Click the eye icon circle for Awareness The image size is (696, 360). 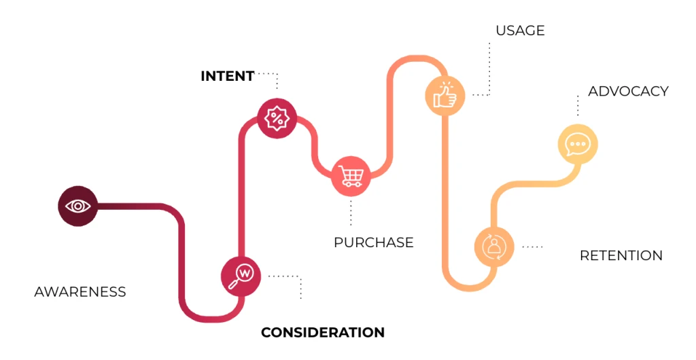point(77,205)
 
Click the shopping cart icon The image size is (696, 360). point(351,177)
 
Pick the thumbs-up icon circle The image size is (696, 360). point(445,94)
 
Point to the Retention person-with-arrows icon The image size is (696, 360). point(494,245)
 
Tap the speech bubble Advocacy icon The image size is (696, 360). point(578,144)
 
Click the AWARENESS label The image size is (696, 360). point(80,292)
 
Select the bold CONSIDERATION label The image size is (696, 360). point(323,332)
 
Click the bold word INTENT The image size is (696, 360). point(227,76)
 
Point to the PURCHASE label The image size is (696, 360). point(373,242)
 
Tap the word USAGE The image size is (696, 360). point(520,31)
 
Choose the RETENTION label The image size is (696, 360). point(621,255)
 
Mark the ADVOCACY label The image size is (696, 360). point(628,91)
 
